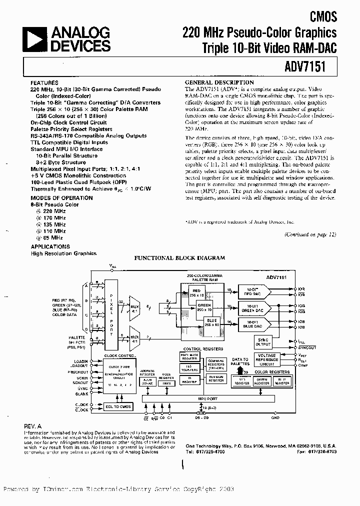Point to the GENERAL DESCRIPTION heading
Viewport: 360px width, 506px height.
pyautogui.click(x=219, y=82)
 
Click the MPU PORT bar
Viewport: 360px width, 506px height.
pyautogui.click(x=209, y=398)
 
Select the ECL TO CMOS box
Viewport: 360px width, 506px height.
pyautogui.click(x=118, y=406)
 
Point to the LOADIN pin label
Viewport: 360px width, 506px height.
pyautogui.click(x=81, y=361)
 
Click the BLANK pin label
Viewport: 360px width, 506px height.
pyautogui.click(x=82, y=393)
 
